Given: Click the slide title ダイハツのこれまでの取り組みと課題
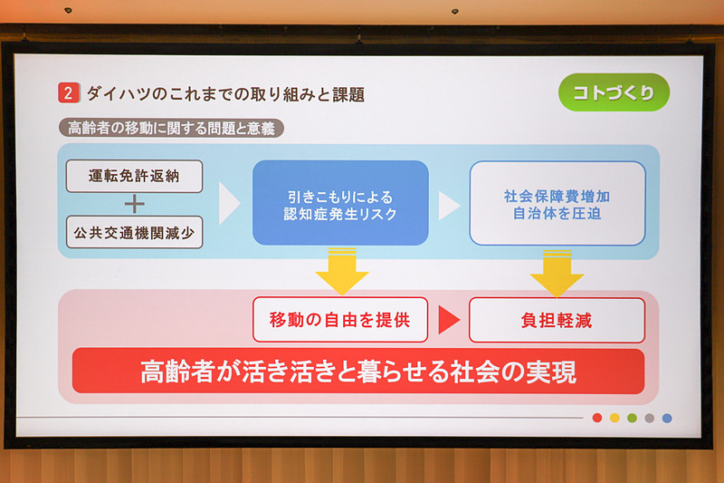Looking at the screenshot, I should pos(225,94).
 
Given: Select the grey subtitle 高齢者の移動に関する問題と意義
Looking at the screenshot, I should pos(171,128).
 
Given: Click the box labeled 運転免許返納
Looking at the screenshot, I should pos(134,176).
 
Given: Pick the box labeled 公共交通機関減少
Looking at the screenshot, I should pos(134,232).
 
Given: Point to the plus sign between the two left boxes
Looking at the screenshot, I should pos(134,204).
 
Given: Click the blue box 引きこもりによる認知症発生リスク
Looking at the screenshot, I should pos(339,203).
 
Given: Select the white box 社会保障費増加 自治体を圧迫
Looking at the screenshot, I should pos(557,203).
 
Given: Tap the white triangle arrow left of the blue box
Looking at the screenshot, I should pos(229,204).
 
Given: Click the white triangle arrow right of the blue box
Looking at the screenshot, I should pos(449,204).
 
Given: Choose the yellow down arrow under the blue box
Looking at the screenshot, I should pos(341,271).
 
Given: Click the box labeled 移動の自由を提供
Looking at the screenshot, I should pos(339,320).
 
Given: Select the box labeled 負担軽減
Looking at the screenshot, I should pos(557,320).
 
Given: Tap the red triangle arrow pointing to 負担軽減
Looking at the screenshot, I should pos(449,320).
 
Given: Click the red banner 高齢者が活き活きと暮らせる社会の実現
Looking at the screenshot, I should pos(357,372).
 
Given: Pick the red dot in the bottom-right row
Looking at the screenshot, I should pos(596,418).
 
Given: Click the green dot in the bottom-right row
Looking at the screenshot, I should pos(632,418).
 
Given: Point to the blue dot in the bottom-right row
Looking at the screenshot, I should pos(667,418).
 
